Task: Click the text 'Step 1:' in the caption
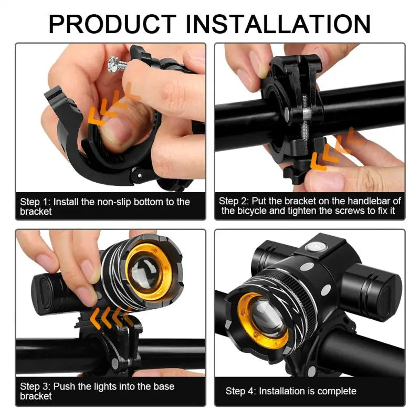tap(35, 202)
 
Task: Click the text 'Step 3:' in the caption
tap(35, 386)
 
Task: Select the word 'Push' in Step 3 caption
tap(65, 386)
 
